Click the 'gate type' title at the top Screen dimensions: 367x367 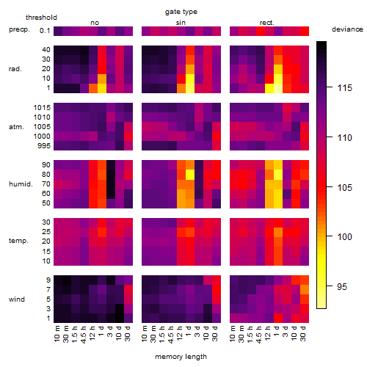tap(181, 12)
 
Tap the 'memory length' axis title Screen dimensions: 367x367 tap(181, 357)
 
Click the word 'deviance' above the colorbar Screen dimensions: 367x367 tap(347, 29)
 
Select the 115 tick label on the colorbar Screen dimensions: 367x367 tap(344, 88)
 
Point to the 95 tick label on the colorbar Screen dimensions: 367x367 tap(342, 286)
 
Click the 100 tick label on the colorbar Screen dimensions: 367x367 tap(344, 236)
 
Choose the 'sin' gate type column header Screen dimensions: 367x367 tap(181, 23)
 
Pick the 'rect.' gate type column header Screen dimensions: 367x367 tap(266, 23)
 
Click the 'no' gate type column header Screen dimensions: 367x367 tap(95, 23)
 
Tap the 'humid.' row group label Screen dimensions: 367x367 tap(21, 183)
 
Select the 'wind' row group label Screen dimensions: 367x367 tap(17, 299)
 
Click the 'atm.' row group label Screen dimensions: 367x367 tap(16, 127)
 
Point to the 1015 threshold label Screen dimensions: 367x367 tap(42, 107)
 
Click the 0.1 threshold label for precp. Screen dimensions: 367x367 tap(45, 31)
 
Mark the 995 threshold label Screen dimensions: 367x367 tap(44, 146)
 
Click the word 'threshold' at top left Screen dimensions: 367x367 tap(41, 18)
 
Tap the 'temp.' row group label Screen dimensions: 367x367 tap(18, 241)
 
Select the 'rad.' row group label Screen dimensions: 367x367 tap(15, 69)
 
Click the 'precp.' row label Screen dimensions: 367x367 tap(19, 29)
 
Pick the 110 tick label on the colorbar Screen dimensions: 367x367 tap(344, 138)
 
